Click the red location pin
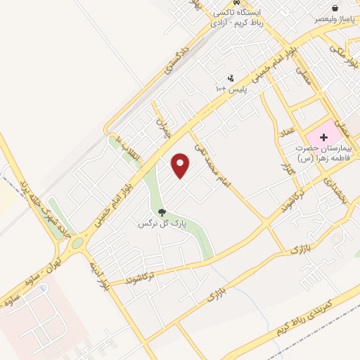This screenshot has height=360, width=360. [x=181, y=165]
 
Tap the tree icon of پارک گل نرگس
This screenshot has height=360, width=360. [x=162, y=211]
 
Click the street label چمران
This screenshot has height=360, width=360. [x=163, y=127]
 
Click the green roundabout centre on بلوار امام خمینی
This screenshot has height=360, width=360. [x=77, y=243]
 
